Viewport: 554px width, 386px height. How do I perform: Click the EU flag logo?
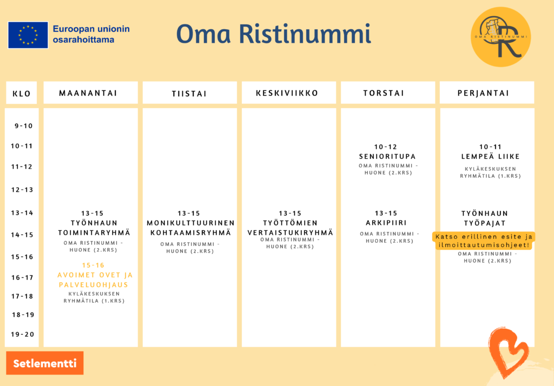pos(28,35)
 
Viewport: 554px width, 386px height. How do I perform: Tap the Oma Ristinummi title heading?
pos(273,34)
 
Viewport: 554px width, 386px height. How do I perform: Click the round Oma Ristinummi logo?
pos(500,37)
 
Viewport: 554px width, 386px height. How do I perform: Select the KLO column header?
pos(22,93)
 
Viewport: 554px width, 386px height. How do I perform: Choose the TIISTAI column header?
pos(190,93)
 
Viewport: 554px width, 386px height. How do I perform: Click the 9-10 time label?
pos(24,126)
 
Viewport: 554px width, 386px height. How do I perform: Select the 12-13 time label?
pos(22,190)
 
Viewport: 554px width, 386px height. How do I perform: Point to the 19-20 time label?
pos(23,335)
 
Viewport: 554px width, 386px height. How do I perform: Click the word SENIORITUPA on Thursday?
pos(387,156)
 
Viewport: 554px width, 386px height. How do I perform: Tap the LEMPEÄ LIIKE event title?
pos(490,156)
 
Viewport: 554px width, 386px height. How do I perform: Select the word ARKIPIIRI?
pos(386,223)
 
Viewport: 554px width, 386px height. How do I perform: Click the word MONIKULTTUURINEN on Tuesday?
pos(191,223)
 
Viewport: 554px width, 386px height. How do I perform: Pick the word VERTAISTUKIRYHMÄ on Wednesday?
pos(291,232)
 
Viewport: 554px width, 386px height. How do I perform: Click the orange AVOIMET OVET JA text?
pos(95,275)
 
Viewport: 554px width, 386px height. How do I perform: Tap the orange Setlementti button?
pos(45,363)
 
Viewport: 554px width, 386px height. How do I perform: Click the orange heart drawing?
pos(509,351)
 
